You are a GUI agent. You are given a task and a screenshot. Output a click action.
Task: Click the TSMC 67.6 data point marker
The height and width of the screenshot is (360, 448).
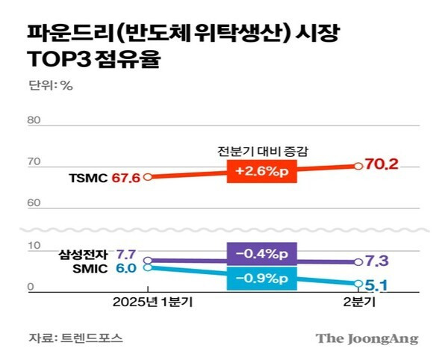(148, 177)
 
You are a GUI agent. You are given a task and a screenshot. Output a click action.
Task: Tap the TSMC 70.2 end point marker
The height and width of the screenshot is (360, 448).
(358, 165)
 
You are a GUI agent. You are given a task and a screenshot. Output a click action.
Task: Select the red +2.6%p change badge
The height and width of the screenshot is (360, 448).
(261, 172)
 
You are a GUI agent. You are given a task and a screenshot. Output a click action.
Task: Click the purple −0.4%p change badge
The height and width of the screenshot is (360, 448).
(261, 252)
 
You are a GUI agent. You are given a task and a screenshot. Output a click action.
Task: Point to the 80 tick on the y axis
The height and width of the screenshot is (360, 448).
(31, 120)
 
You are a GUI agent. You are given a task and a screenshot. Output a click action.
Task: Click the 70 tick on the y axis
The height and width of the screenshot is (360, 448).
(31, 162)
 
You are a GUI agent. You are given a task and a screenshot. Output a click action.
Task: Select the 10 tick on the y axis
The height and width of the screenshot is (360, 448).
(31, 246)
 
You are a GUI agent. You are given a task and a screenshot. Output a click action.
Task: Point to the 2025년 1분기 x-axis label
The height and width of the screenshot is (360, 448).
(149, 304)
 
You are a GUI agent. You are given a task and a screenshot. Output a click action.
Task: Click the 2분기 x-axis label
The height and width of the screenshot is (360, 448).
(358, 304)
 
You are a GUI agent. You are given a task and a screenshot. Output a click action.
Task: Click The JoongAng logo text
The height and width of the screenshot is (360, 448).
(367, 338)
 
